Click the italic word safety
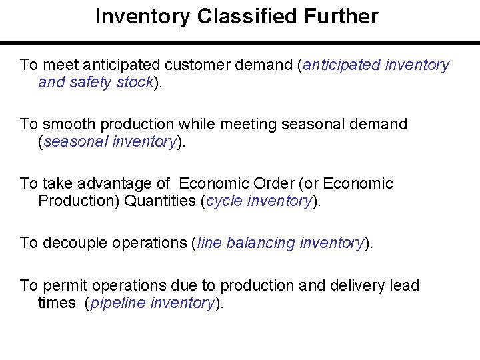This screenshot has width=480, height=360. tap(91, 82)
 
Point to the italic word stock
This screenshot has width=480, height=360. tap(136, 82)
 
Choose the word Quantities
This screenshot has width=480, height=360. tap(160, 201)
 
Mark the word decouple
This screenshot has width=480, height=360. tap(75, 243)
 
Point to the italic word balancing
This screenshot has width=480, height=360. tap(261, 243)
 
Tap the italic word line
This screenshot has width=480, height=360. tap(209, 243)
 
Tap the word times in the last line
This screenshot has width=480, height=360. tap(57, 303)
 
